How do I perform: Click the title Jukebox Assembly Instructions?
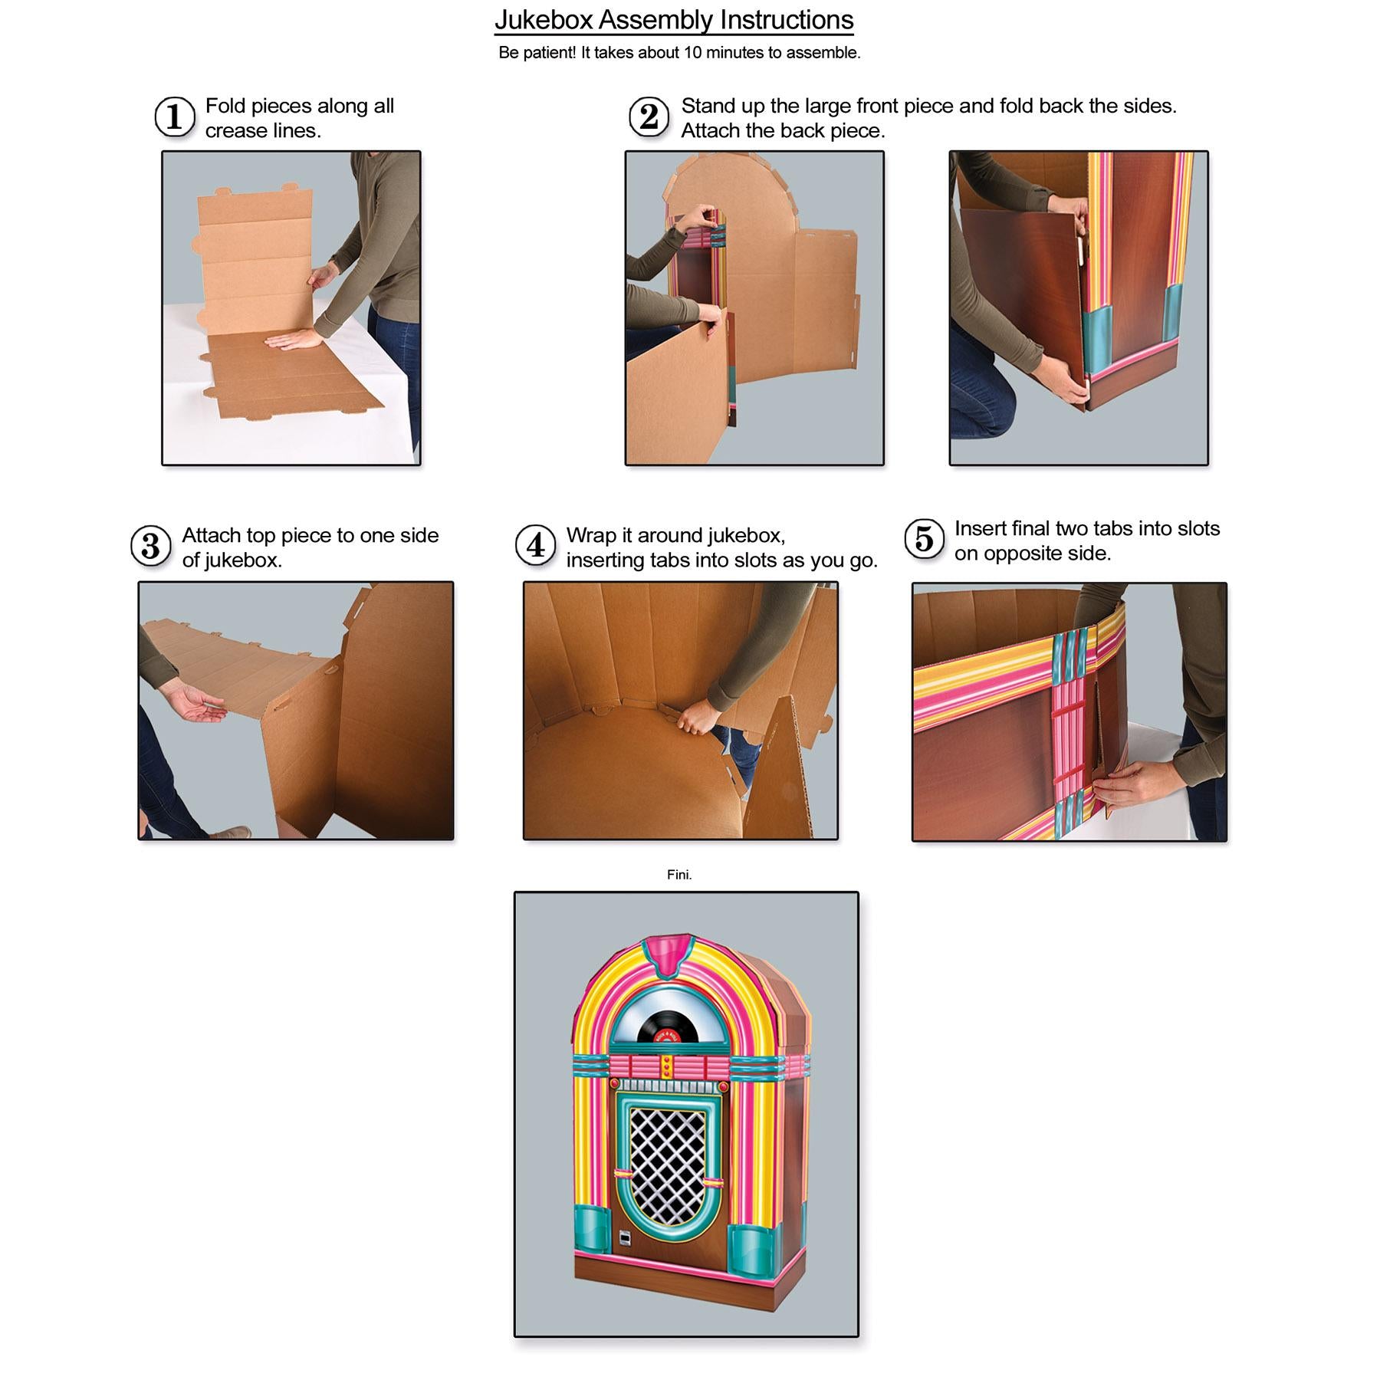(x=674, y=20)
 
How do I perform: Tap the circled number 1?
(x=174, y=117)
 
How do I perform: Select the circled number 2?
(x=649, y=117)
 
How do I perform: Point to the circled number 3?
(x=151, y=546)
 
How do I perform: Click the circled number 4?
(x=535, y=546)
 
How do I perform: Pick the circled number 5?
(x=924, y=539)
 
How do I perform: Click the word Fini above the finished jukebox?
(x=679, y=875)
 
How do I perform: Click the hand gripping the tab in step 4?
(x=696, y=721)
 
